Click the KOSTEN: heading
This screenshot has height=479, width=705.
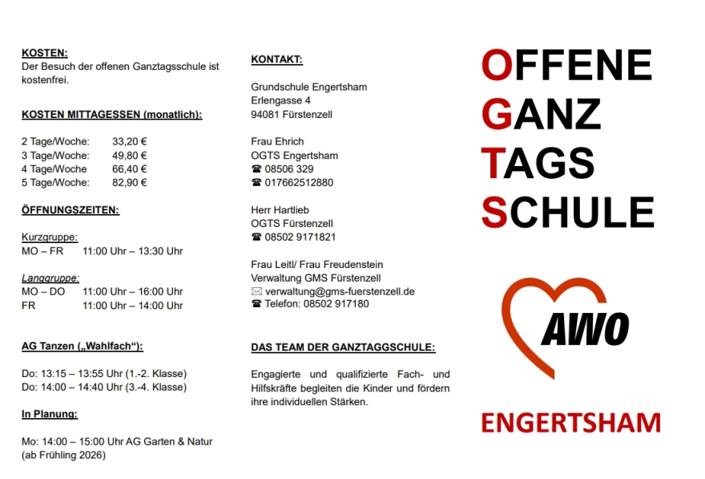click(44, 53)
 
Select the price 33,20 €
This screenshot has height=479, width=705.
click(129, 141)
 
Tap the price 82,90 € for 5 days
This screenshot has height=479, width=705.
click(129, 182)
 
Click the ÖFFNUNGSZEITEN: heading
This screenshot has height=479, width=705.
click(70, 210)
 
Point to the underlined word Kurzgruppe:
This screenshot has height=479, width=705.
click(50, 237)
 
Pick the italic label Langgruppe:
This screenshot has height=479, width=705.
click(50, 278)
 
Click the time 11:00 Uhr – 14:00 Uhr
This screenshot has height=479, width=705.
click(132, 306)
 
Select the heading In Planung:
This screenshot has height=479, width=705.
click(50, 414)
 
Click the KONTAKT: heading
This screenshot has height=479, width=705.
click(276, 59)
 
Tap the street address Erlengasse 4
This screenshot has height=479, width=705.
click(280, 101)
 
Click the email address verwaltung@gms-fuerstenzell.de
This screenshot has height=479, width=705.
click(340, 291)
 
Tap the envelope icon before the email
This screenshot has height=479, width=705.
click(256, 291)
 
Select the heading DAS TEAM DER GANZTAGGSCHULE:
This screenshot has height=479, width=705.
click(343, 347)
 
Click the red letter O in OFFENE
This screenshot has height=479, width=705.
click(496, 65)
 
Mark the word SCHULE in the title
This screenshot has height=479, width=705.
click(568, 212)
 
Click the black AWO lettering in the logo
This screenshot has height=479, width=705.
click(585, 329)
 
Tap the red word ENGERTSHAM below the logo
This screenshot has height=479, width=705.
click(570, 422)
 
